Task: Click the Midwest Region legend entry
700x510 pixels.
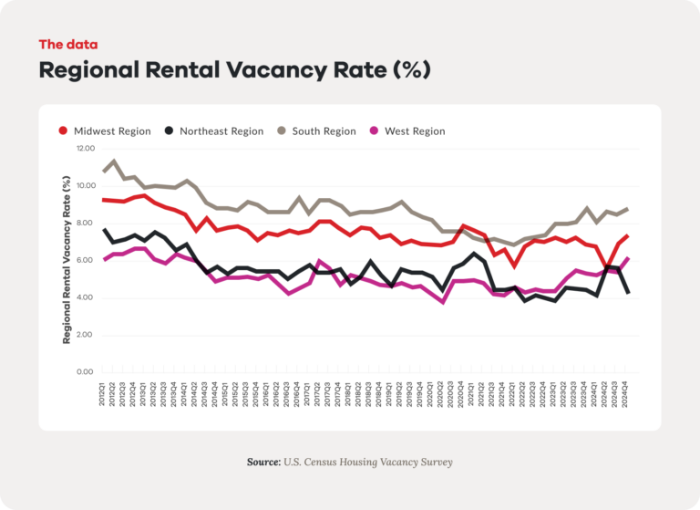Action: pyautogui.click(x=109, y=131)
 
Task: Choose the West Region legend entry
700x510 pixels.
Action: pyautogui.click(x=415, y=131)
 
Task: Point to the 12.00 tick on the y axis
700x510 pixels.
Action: pyautogui.click(x=85, y=148)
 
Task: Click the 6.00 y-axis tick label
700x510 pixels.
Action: pyautogui.click(x=85, y=260)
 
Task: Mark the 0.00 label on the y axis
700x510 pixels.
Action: pyautogui.click(x=85, y=372)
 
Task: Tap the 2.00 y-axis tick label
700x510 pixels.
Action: pyautogui.click(x=85, y=335)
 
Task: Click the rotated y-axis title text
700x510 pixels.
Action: pyautogui.click(x=67, y=260)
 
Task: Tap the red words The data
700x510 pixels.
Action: pyautogui.click(x=67, y=44)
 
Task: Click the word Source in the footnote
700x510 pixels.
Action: pyautogui.click(x=262, y=463)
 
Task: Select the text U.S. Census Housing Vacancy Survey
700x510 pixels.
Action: pyautogui.click(x=367, y=463)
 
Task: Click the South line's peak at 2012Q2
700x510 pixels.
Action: pyautogui.click(x=114, y=161)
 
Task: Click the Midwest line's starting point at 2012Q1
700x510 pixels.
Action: pyautogui.click(x=104, y=199)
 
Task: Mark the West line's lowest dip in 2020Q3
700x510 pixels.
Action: pyautogui.click(x=443, y=301)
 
